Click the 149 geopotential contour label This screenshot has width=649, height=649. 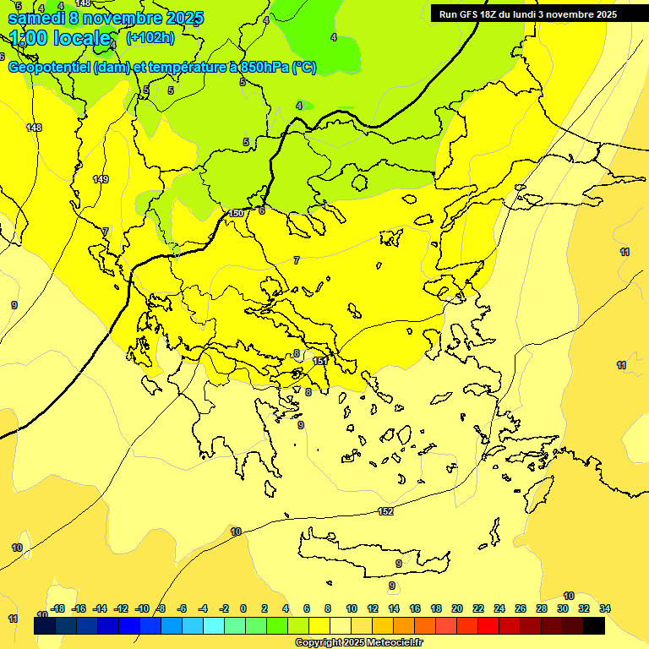101,179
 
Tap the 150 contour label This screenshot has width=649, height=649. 236,213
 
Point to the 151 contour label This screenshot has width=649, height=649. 319,361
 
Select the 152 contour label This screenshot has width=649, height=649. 385,511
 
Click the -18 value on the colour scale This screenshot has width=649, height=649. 57,608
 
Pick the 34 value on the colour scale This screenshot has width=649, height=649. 604,608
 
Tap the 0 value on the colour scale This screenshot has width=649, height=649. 243,608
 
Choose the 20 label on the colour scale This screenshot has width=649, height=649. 456,608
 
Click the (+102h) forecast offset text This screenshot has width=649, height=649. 150,38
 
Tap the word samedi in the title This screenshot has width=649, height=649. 35,17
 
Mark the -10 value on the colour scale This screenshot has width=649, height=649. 141,608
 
